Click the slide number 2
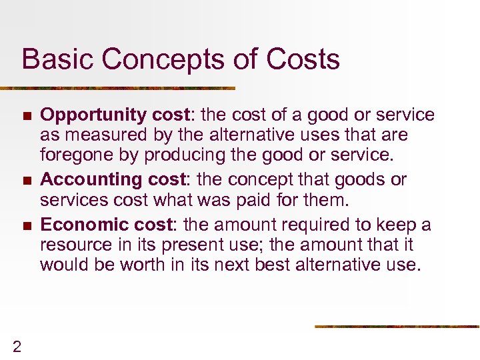click(17, 345)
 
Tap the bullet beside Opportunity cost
click(26, 116)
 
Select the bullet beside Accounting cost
click(26, 180)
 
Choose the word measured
click(101, 135)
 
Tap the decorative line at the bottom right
click(397, 326)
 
